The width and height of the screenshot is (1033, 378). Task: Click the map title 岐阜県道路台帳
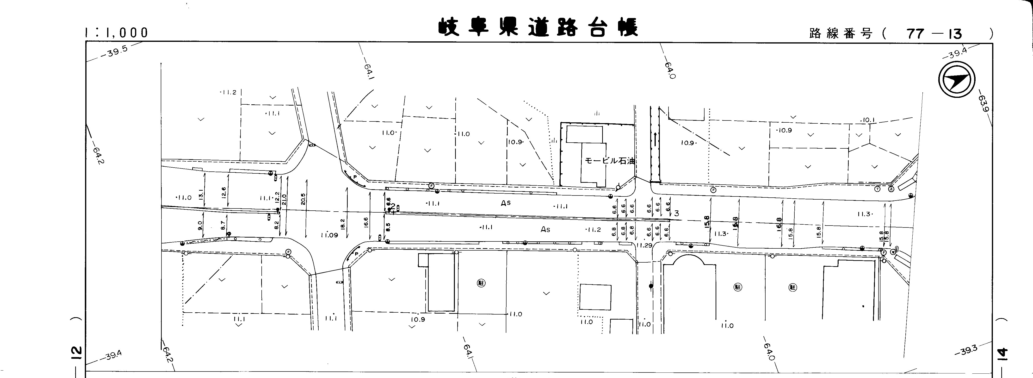coord(537,27)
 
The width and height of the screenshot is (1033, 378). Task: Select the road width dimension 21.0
coord(284,199)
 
